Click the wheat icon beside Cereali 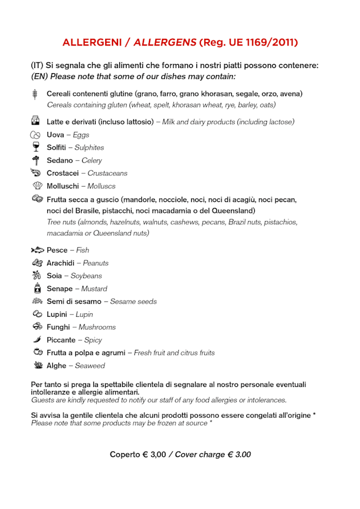[x=35, y=94]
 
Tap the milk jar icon [x=35, y=121]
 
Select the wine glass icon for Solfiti [x=36, y=147]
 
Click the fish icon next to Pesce [x=37, y=250]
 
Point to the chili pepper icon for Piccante [x=37, y=340]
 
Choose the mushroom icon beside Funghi [x=37, y=327]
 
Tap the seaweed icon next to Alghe [x=38, y=366]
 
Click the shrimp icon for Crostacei [x=37, y=173]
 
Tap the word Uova [x=55, y=135]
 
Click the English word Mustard [x=94, y=289]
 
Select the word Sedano [x=60, y=160]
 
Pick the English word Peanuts [x=96, y=263]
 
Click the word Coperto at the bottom [x=125, y=454]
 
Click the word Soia [x=54, y=276]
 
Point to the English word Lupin [x=84, y=314]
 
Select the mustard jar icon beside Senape [x=37, y=289]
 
